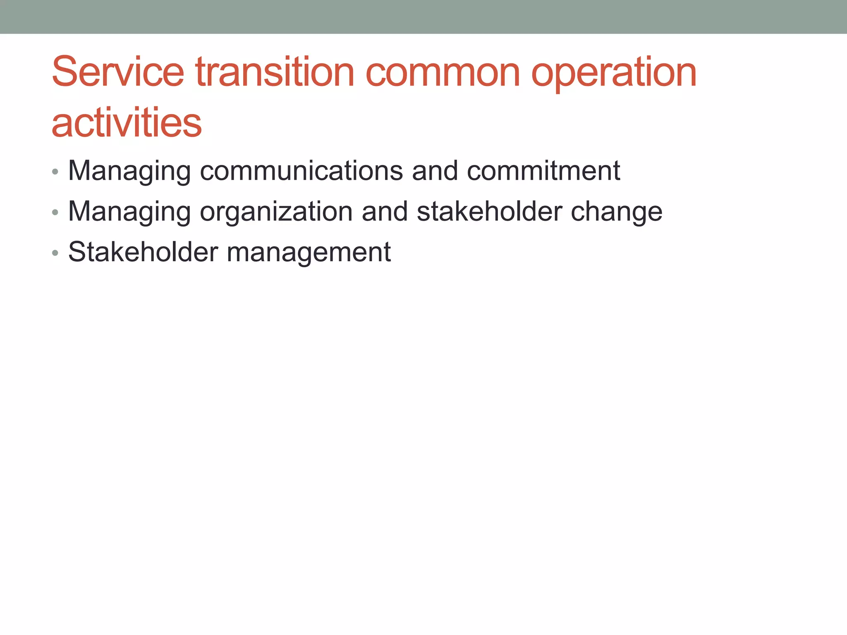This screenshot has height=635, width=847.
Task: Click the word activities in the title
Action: [127, 123]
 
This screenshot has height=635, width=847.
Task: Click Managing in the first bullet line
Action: [129, 171]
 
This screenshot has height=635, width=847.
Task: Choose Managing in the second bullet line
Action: [129, 212]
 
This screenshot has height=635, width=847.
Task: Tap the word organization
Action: [276, 212]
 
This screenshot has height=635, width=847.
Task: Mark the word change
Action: [616, 212]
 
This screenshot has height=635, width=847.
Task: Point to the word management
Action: [309, 253]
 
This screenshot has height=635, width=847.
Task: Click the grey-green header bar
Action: [423, 17]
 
